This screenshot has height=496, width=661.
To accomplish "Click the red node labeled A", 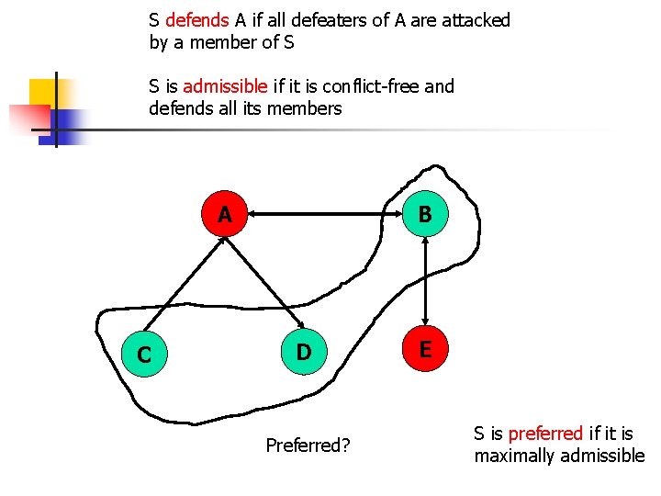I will coord(225,216).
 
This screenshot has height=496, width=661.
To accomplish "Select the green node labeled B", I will coord(424,216).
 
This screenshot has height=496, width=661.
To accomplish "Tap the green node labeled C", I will coord(144,354).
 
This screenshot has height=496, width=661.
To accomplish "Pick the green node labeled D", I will coord(303,352).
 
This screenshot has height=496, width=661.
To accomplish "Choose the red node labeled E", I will coord(425,350).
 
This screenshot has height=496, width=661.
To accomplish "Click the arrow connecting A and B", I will coord(325,216).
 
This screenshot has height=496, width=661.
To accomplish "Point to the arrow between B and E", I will coord(424,283).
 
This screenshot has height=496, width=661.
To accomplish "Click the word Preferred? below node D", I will coord(308,445).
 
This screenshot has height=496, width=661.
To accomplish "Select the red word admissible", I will coord(226,86).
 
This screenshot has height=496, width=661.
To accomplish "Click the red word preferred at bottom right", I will coord(545,434).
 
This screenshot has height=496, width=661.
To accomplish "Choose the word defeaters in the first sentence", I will coord(336,20).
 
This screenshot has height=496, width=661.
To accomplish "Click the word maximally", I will coord(516,456).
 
